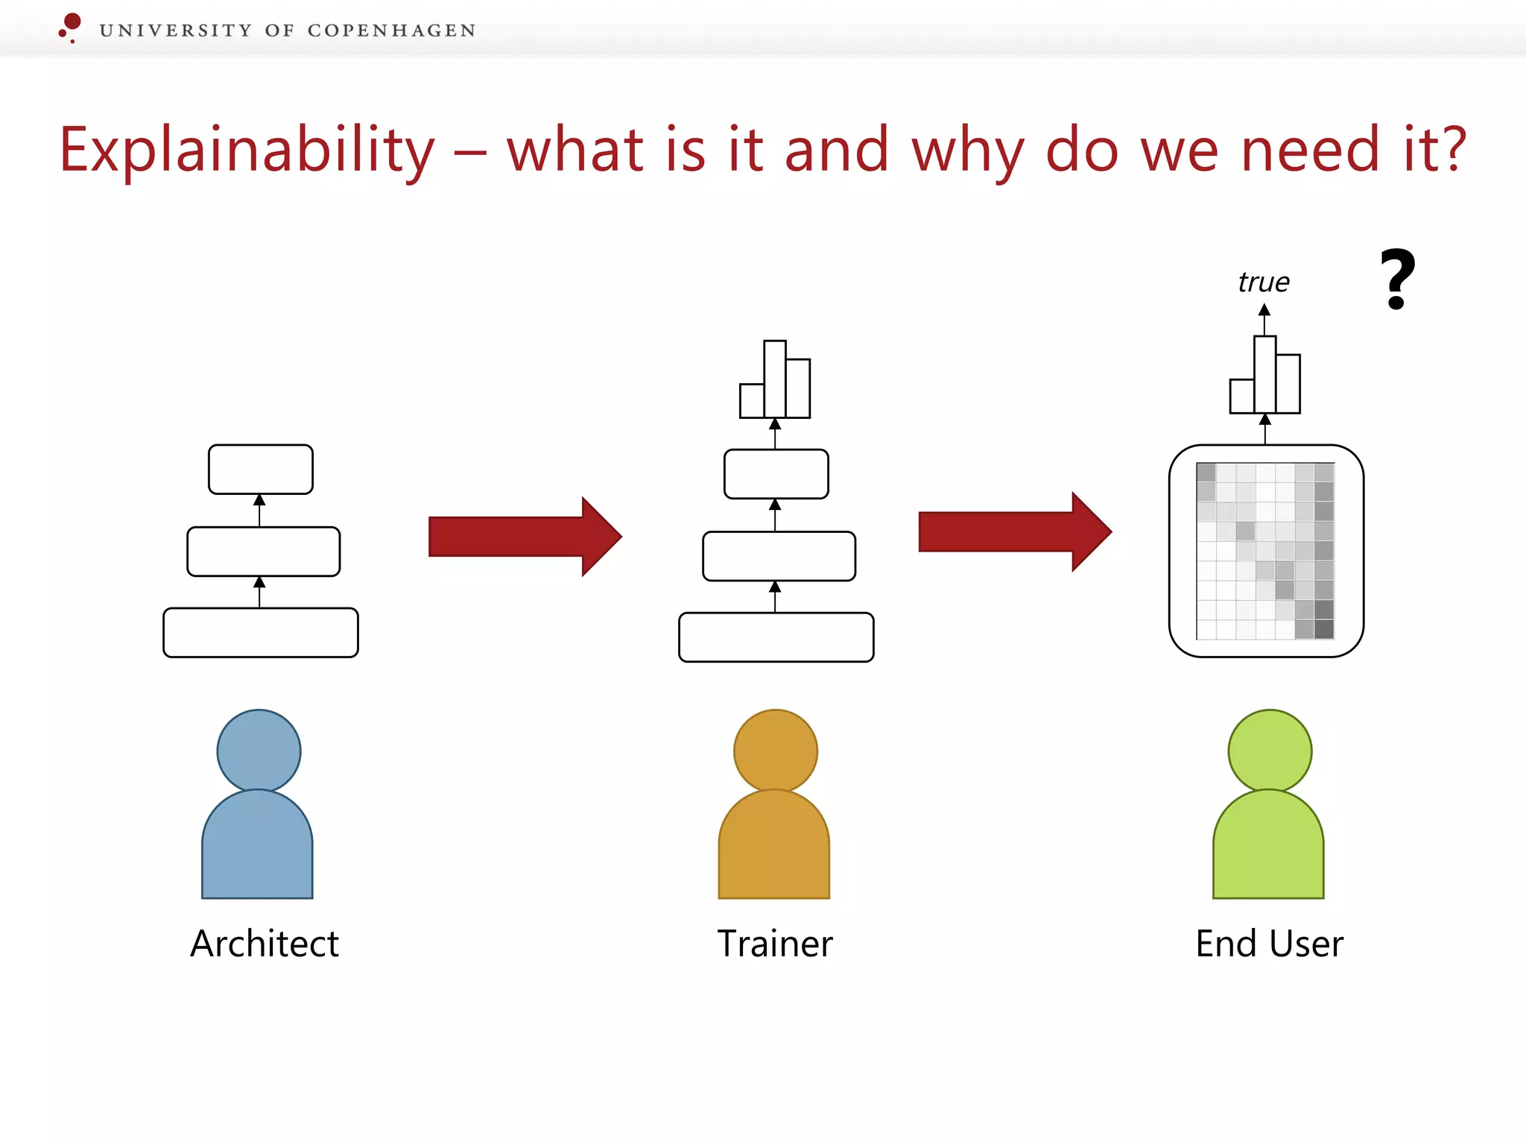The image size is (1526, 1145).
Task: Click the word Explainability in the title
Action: (x=247, y=151)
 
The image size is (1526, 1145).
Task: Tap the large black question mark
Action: (x=1397, y=279)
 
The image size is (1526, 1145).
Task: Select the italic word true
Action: (x=1264, y=283)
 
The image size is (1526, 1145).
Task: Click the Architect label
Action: (x=265, y=944)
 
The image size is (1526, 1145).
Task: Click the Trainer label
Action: (x=775, y=944)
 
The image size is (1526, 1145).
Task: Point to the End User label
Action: (x=1269, y=944)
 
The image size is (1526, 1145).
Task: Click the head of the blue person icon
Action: (x=259, y=750)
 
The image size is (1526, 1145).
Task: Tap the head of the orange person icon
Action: (x=775, y=750)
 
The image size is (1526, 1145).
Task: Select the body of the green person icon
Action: (x=1268, y=850)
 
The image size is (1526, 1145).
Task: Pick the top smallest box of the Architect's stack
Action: (x=261, y=470)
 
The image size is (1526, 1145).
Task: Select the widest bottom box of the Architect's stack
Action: (x=261, y=633)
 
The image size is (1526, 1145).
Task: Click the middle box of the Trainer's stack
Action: (x=779, y=556)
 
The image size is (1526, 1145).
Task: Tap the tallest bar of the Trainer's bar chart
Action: (x=775, y=379)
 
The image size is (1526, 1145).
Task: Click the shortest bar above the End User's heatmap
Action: (x=1241, y=397)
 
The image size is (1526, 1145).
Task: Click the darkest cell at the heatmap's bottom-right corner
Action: (x=1324, y=630)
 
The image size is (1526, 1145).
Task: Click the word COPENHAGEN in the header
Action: (x=391, y=31)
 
